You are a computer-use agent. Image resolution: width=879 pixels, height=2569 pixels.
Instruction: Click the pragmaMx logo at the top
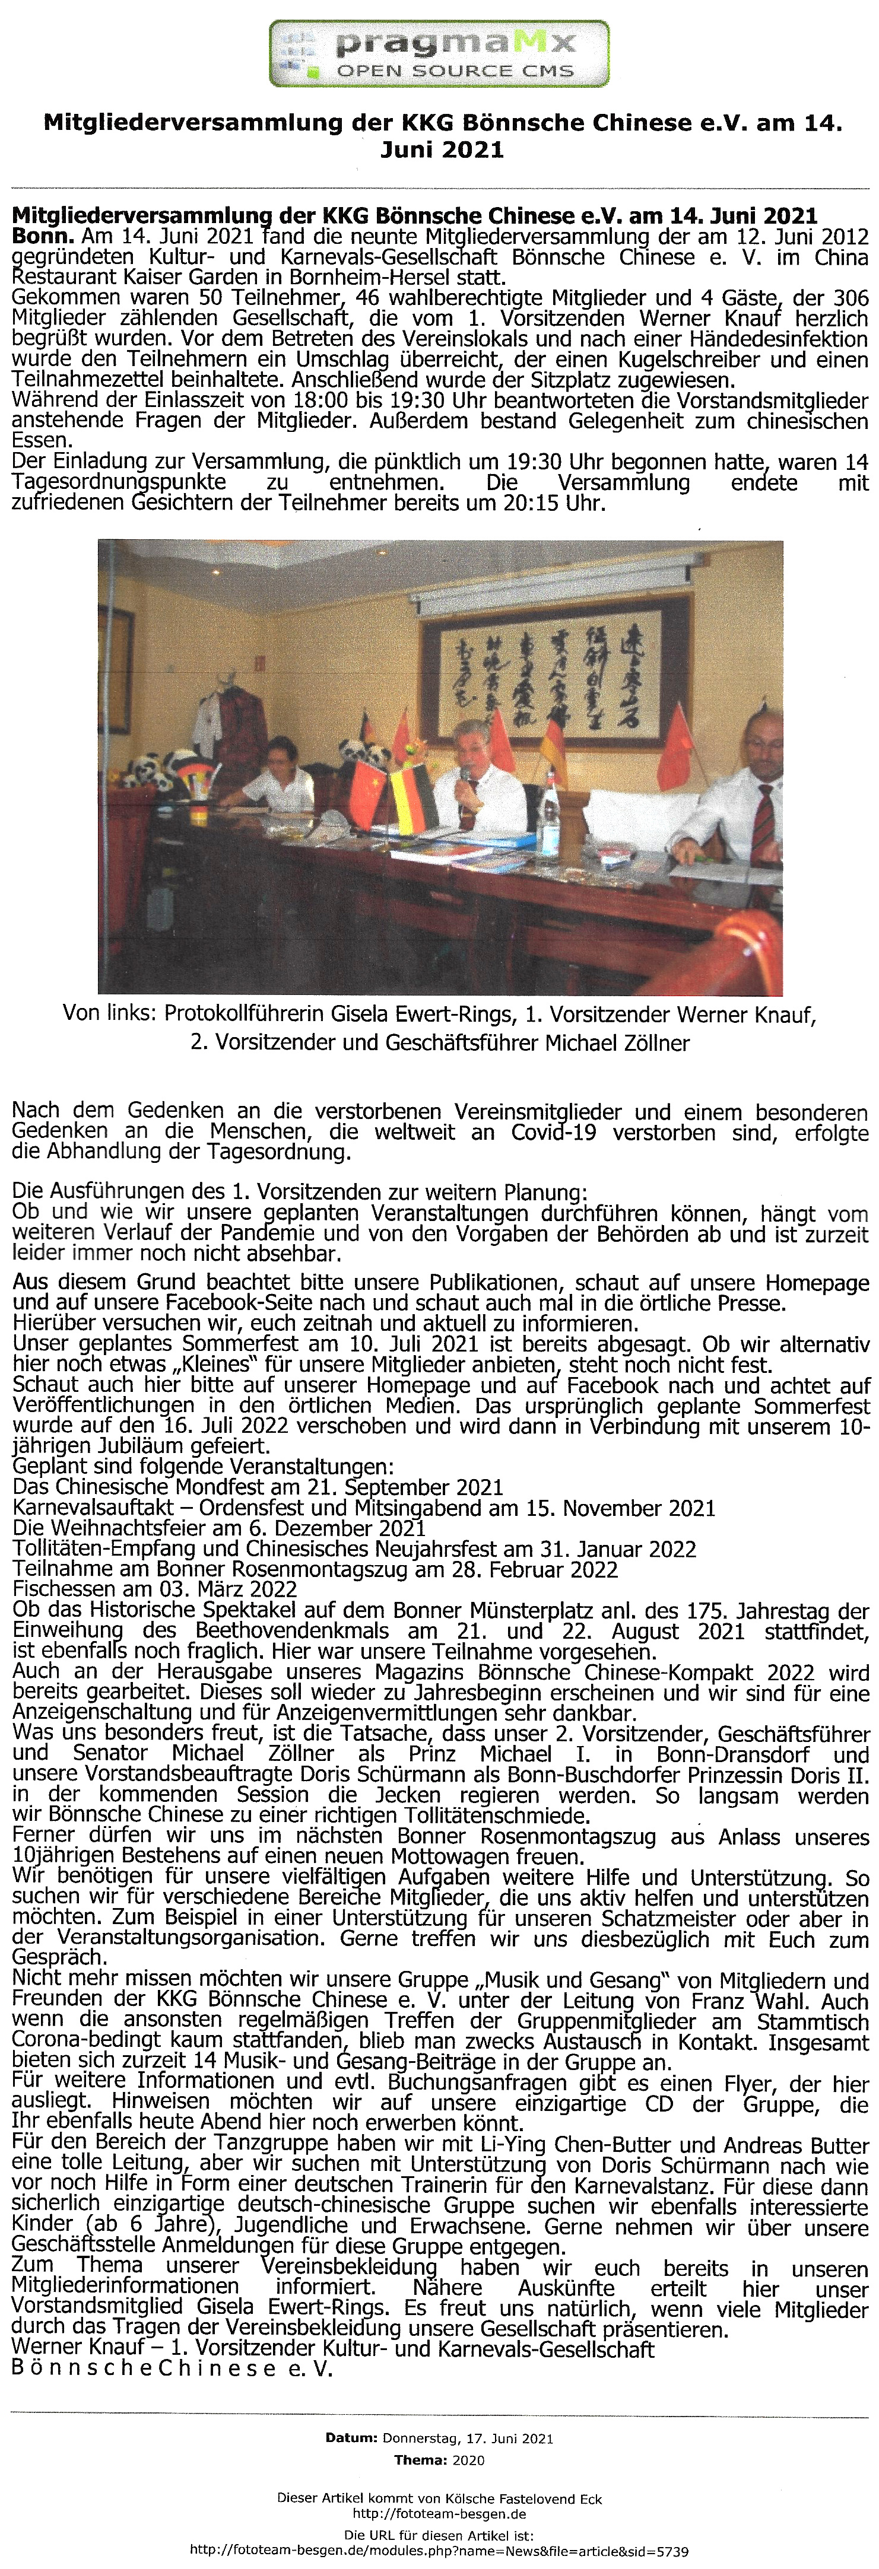[x=439, y=54]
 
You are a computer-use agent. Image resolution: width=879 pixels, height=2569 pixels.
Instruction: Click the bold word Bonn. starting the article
[x=42, y=237]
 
